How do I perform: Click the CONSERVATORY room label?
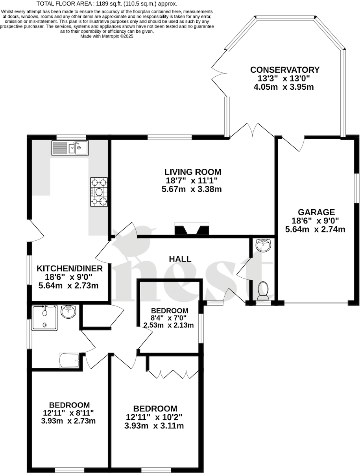click(x=285, y=70)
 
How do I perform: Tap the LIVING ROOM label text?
click(x=192, y=172)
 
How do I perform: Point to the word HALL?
click(x=180, y=259)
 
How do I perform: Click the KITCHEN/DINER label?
click(x=70, y=269)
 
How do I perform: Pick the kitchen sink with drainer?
click(x=70, y=148)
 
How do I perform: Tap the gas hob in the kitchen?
click(x=99, y=192)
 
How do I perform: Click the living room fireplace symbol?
click(x=192, y=229)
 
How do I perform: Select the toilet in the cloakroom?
click(x=262, y=290)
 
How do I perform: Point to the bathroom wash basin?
click(x=70, y=312)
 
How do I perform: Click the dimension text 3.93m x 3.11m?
click(x=154, y=426)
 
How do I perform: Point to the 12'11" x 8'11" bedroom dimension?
click(x=69, y=413)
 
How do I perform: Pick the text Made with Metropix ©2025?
click(x=107, y=36)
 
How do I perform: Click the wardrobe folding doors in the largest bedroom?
click(x=174, y=374)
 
